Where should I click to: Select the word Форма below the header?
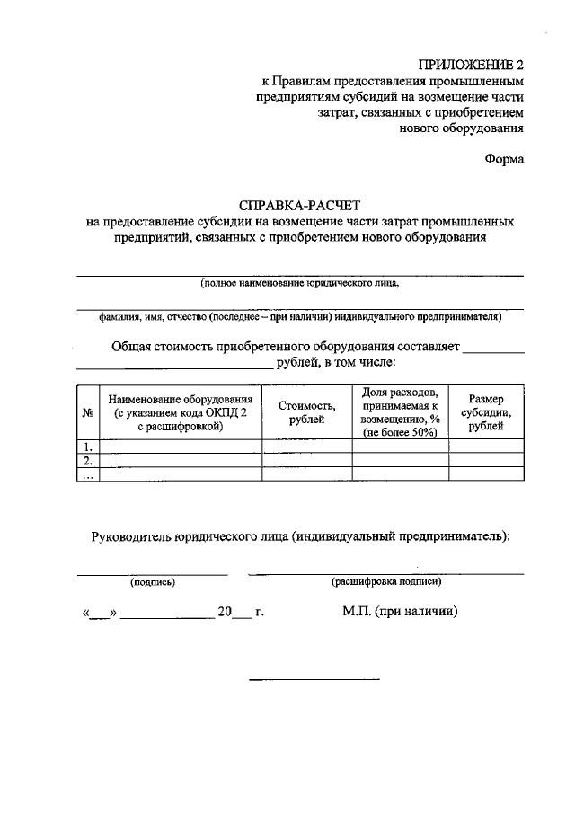point(504,160)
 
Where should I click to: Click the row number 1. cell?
point(88,446)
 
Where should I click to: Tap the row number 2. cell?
point(88,461)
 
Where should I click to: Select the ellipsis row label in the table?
point(88,475)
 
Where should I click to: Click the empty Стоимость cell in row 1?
point(306,446)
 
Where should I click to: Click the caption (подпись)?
point(153,582)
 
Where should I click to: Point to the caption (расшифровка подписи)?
point(385,582)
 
